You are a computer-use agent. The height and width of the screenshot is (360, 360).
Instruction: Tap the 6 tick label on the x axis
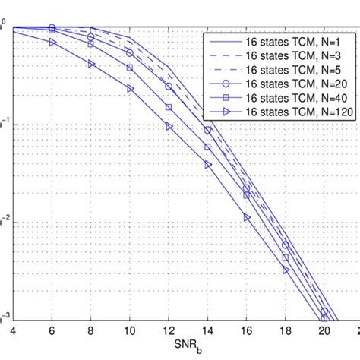click(52, 332)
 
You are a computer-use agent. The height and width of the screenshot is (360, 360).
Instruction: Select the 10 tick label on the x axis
click(129, 332)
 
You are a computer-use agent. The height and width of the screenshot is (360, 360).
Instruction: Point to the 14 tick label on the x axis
click(207, 332)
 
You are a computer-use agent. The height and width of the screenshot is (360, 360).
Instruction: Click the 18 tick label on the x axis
click(286, 332)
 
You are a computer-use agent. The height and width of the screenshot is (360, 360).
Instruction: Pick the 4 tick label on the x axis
click(12, 332)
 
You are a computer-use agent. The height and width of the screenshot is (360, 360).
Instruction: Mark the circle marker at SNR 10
click(130, 53)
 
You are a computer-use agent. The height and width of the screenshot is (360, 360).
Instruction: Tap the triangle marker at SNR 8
click(91, 64)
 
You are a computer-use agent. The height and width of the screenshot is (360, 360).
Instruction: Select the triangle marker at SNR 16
click(246, 218)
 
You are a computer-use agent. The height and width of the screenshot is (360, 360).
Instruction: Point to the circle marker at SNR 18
click(286, 245)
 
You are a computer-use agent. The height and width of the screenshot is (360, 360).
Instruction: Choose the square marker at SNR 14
click(207, 147)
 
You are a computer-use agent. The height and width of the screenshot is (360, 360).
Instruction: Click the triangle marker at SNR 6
click(52, 43)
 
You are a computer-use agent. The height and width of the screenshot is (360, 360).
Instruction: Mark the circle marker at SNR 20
click(324, 311)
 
